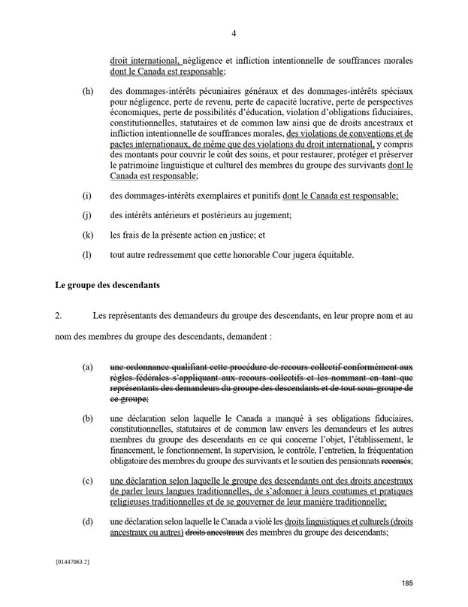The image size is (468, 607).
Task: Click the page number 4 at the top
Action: point(234,33)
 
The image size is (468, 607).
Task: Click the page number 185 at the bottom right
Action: point(406,584)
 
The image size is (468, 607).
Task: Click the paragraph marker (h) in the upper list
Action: point(88,92)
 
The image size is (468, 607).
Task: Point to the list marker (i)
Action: point(87,196)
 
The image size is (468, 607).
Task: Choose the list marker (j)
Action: point(87,215)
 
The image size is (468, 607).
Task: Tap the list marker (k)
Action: point(88,235)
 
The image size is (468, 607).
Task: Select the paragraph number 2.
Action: point(59,316)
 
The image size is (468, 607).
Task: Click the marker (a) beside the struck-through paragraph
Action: point(88,368)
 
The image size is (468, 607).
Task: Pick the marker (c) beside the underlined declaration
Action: point(88,481)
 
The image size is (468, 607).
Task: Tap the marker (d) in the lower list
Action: point(88,523)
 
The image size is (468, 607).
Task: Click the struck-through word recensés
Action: point(397,460)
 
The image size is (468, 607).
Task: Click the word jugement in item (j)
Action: point(268,215)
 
